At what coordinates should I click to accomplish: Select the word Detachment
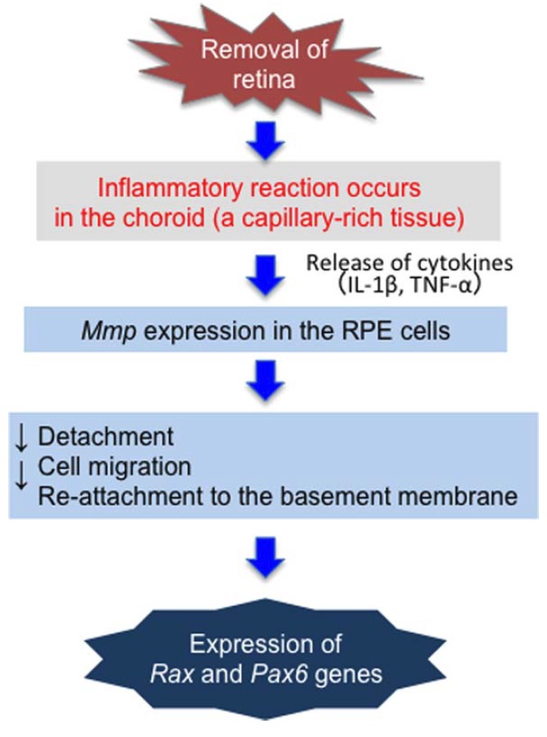106,436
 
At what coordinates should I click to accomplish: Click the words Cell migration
115,467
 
